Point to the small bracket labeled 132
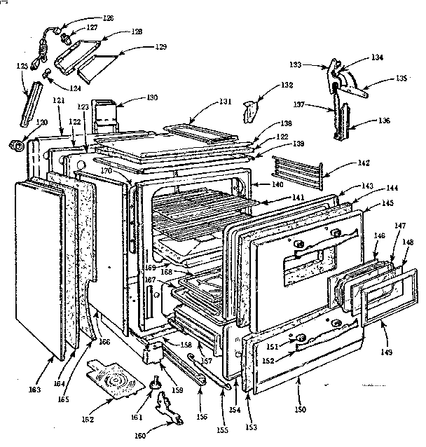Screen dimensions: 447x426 click(x=249, y=110)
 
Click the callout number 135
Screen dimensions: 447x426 click(x=401, y=78)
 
